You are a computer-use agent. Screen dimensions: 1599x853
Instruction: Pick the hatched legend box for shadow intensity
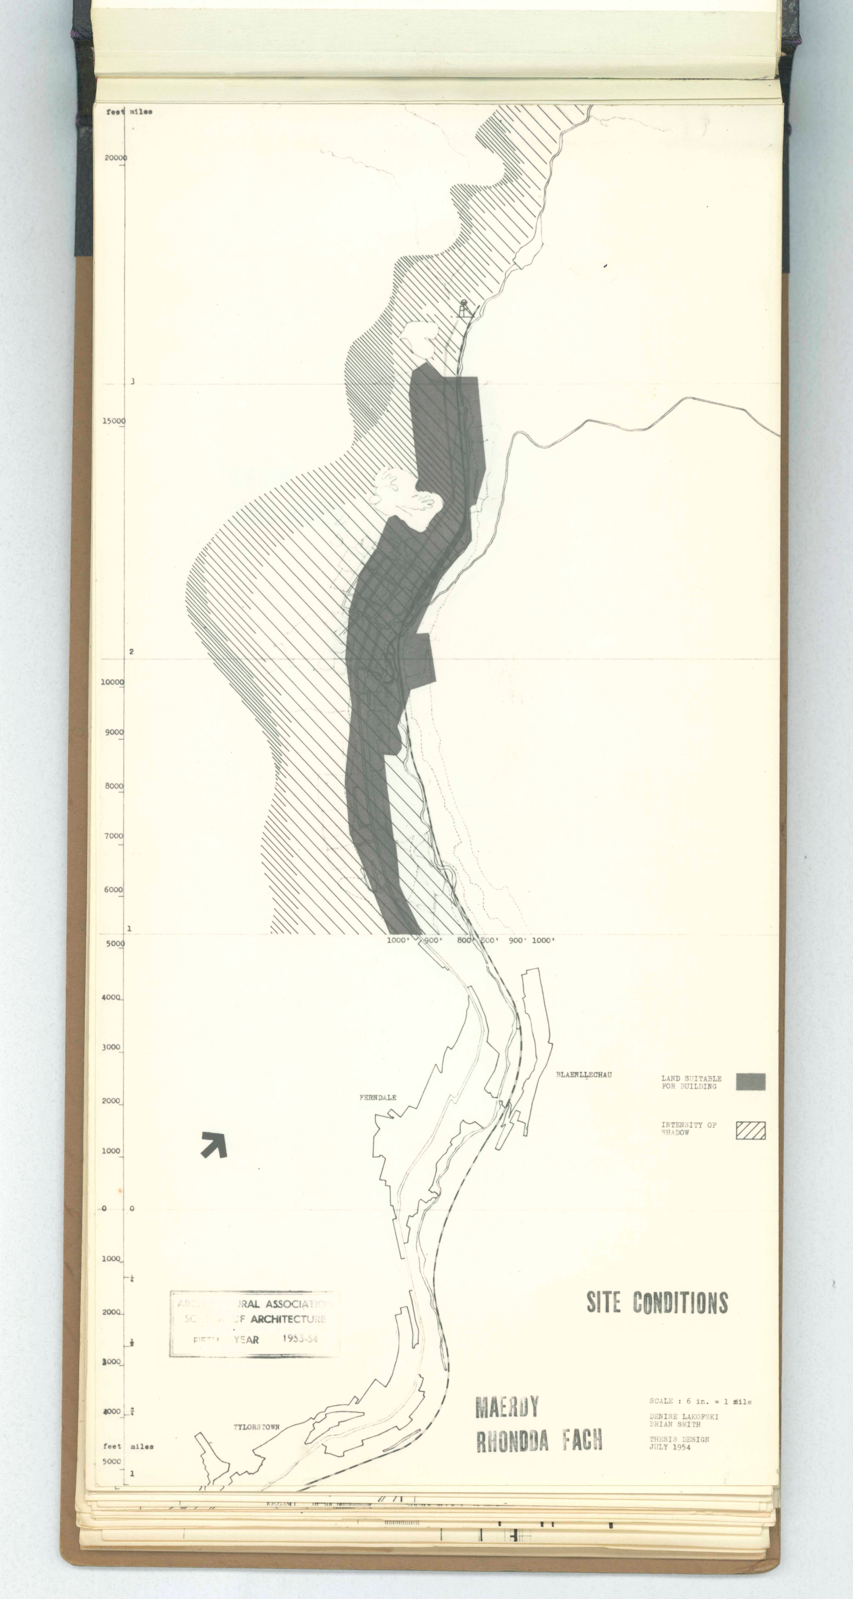(751, 1130)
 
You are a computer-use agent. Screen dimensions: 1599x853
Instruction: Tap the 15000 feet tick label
(114, 421)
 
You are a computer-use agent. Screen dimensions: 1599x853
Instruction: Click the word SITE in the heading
(603, 1302)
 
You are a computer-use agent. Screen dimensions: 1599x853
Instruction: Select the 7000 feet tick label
(114, 836)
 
